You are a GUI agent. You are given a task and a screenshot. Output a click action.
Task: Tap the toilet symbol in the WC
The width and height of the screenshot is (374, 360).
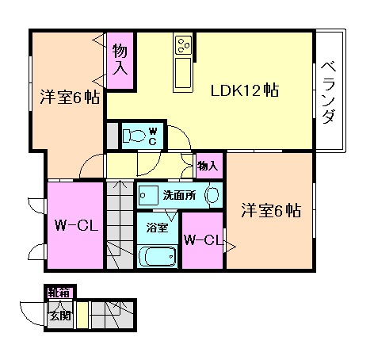pyautogui.click(x=135, y=135)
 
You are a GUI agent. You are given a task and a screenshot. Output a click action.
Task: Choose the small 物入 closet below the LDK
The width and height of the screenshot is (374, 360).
pyautogui.click(x=208, y=166)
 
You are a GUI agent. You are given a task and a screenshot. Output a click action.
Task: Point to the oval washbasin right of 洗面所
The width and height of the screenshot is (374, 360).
pyautogui.click(x=212, y=194)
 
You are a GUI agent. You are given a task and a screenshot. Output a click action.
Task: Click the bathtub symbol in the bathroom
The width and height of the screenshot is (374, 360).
pyautogui.click(x=157, y=256)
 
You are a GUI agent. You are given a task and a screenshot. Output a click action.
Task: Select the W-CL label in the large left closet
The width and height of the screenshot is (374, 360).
pyautogui.click(x=75, y=226)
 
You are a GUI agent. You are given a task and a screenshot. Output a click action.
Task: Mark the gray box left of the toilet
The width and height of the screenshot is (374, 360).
pyautogui.click(x=113, y=135)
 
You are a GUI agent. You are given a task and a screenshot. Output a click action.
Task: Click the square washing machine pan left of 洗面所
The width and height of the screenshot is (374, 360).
pyautogui.click(x=146, y=194)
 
